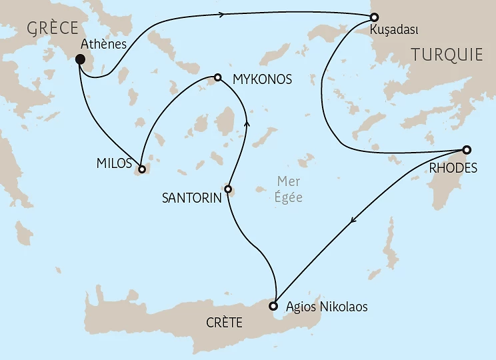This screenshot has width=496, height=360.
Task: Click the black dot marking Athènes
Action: (x=80, y=59)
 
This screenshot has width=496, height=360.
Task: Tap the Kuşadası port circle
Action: (x=375, y=17)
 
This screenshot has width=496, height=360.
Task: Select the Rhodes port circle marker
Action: (x=467, y=149)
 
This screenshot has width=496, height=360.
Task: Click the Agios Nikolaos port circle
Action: (x=273, y=307)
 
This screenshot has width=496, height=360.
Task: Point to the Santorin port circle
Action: (x=228, y=189)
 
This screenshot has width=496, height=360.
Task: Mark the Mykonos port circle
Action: (x=217, y=77)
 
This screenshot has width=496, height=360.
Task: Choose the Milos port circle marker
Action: (x=142, y=169)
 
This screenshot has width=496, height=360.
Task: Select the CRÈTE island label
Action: (x=222, y=323)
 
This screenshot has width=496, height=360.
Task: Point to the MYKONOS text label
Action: (x=262, y=79)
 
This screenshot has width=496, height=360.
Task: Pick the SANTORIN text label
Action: (x=191, y=199)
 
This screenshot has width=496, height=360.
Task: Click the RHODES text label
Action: (x=453, y=168)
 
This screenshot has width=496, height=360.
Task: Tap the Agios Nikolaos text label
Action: (x=326, y=307)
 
